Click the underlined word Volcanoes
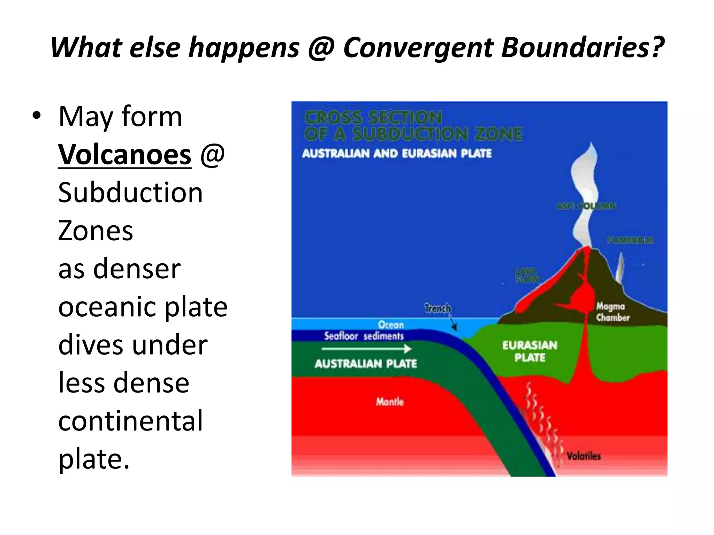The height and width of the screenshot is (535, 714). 124,154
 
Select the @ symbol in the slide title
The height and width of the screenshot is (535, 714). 321,48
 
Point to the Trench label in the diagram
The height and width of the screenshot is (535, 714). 438,308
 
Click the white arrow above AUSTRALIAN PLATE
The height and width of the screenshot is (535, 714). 366,349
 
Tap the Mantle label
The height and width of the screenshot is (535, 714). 390,402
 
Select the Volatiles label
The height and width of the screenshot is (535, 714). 583,456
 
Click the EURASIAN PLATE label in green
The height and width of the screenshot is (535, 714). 530,351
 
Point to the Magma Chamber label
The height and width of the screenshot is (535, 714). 613,312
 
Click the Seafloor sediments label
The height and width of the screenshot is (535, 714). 364,336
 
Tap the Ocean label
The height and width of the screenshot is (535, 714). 391,325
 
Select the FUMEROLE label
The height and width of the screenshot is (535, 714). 630,240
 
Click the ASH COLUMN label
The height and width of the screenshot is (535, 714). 586,206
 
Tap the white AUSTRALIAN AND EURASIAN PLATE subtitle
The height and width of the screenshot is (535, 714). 397,154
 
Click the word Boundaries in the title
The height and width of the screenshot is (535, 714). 583,48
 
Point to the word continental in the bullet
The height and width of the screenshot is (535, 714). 130,421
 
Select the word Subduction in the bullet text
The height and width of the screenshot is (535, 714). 130,193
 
